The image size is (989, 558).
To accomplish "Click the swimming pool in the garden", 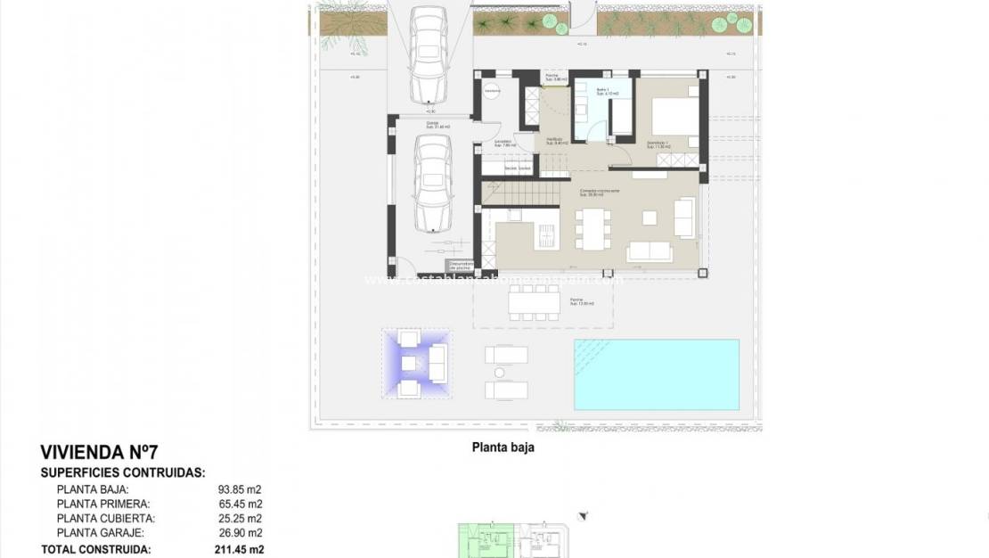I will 656,373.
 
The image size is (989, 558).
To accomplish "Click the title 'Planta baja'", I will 503,448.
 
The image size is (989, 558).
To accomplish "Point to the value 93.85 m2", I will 240,489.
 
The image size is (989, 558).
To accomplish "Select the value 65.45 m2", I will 240,504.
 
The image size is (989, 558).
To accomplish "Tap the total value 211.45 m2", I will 241,550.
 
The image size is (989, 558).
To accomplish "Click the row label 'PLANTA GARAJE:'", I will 94,532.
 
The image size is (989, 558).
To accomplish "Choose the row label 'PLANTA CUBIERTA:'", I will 99,518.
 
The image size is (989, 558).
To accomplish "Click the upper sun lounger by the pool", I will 506,355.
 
